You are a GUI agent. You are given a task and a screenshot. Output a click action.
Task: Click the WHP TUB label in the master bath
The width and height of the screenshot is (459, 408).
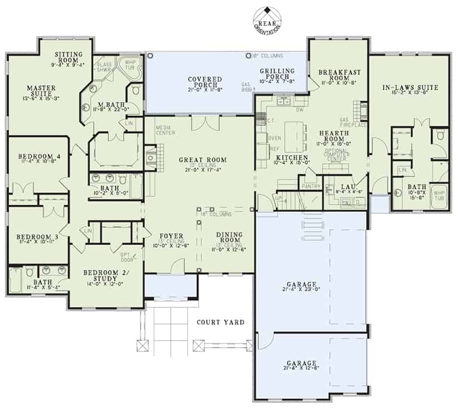(x=130, y=65)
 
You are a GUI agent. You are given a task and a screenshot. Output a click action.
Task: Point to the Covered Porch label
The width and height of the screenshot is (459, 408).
(x=204, y=83)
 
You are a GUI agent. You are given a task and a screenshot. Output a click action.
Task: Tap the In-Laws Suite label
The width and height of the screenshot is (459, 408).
(x=410, y=87)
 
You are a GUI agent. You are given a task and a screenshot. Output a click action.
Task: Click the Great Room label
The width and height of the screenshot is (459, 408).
(x=198, y=160)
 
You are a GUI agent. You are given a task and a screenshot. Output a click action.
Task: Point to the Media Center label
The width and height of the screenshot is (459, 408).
(x=166, y=130)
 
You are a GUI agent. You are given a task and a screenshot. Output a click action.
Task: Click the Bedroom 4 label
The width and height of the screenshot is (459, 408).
(x=35, y=156)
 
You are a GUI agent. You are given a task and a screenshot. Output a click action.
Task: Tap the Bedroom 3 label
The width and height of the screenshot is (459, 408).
(x=35, y=235)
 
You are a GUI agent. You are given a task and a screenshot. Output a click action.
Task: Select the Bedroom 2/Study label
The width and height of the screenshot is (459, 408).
(x=106, y=276)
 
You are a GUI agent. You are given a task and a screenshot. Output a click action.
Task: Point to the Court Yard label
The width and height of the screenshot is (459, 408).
(x=220, y=322)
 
